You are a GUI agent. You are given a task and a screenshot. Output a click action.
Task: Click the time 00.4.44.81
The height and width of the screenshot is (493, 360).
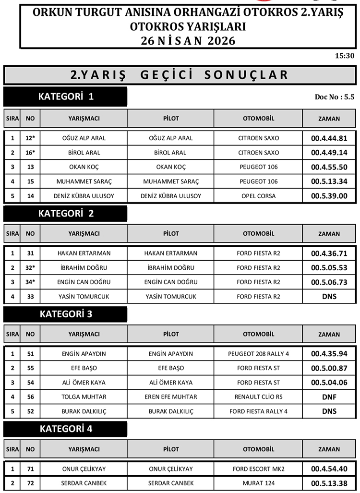point(329,138)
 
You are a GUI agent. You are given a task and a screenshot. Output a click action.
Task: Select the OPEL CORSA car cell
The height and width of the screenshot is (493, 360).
point(258,196)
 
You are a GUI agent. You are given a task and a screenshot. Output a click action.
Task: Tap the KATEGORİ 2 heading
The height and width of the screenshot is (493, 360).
point(65,214)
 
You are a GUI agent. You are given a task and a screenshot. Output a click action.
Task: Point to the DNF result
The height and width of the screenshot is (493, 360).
point(329,397)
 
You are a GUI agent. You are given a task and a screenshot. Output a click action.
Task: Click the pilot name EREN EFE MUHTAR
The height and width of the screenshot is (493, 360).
point(171,397)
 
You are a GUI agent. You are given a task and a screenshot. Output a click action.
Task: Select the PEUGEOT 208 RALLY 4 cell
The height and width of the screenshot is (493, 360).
point(258,354)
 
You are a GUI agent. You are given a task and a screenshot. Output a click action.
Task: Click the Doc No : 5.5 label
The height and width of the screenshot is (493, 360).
point(334,96)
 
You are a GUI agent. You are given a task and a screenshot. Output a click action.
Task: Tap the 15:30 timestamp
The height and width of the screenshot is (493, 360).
point(344,56)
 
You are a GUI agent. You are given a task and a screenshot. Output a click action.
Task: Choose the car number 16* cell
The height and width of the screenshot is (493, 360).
point(30,153)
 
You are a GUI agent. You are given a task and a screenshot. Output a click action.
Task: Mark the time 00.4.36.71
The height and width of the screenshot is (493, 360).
point(329,253)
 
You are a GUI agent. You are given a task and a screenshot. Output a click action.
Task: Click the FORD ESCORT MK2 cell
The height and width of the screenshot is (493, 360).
point(258,469)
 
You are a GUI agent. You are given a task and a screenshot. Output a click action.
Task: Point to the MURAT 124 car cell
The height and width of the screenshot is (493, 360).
point(258,483)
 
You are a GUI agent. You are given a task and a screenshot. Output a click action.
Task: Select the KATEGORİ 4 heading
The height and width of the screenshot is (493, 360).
point(65,429)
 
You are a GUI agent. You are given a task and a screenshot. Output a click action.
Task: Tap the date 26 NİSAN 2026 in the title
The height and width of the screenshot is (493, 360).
point(188,41)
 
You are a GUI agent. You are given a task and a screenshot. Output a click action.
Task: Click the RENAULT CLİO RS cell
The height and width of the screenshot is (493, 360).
point(258,397)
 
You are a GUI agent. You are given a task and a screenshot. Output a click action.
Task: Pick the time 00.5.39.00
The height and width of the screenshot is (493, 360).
point(329,196)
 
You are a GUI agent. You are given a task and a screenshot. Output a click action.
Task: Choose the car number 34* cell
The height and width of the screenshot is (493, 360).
point(30,282)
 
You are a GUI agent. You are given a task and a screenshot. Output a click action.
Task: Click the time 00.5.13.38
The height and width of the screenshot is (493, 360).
point(329,483)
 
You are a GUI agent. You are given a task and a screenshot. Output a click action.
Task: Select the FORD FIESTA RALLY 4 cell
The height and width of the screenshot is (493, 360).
point(258,411)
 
